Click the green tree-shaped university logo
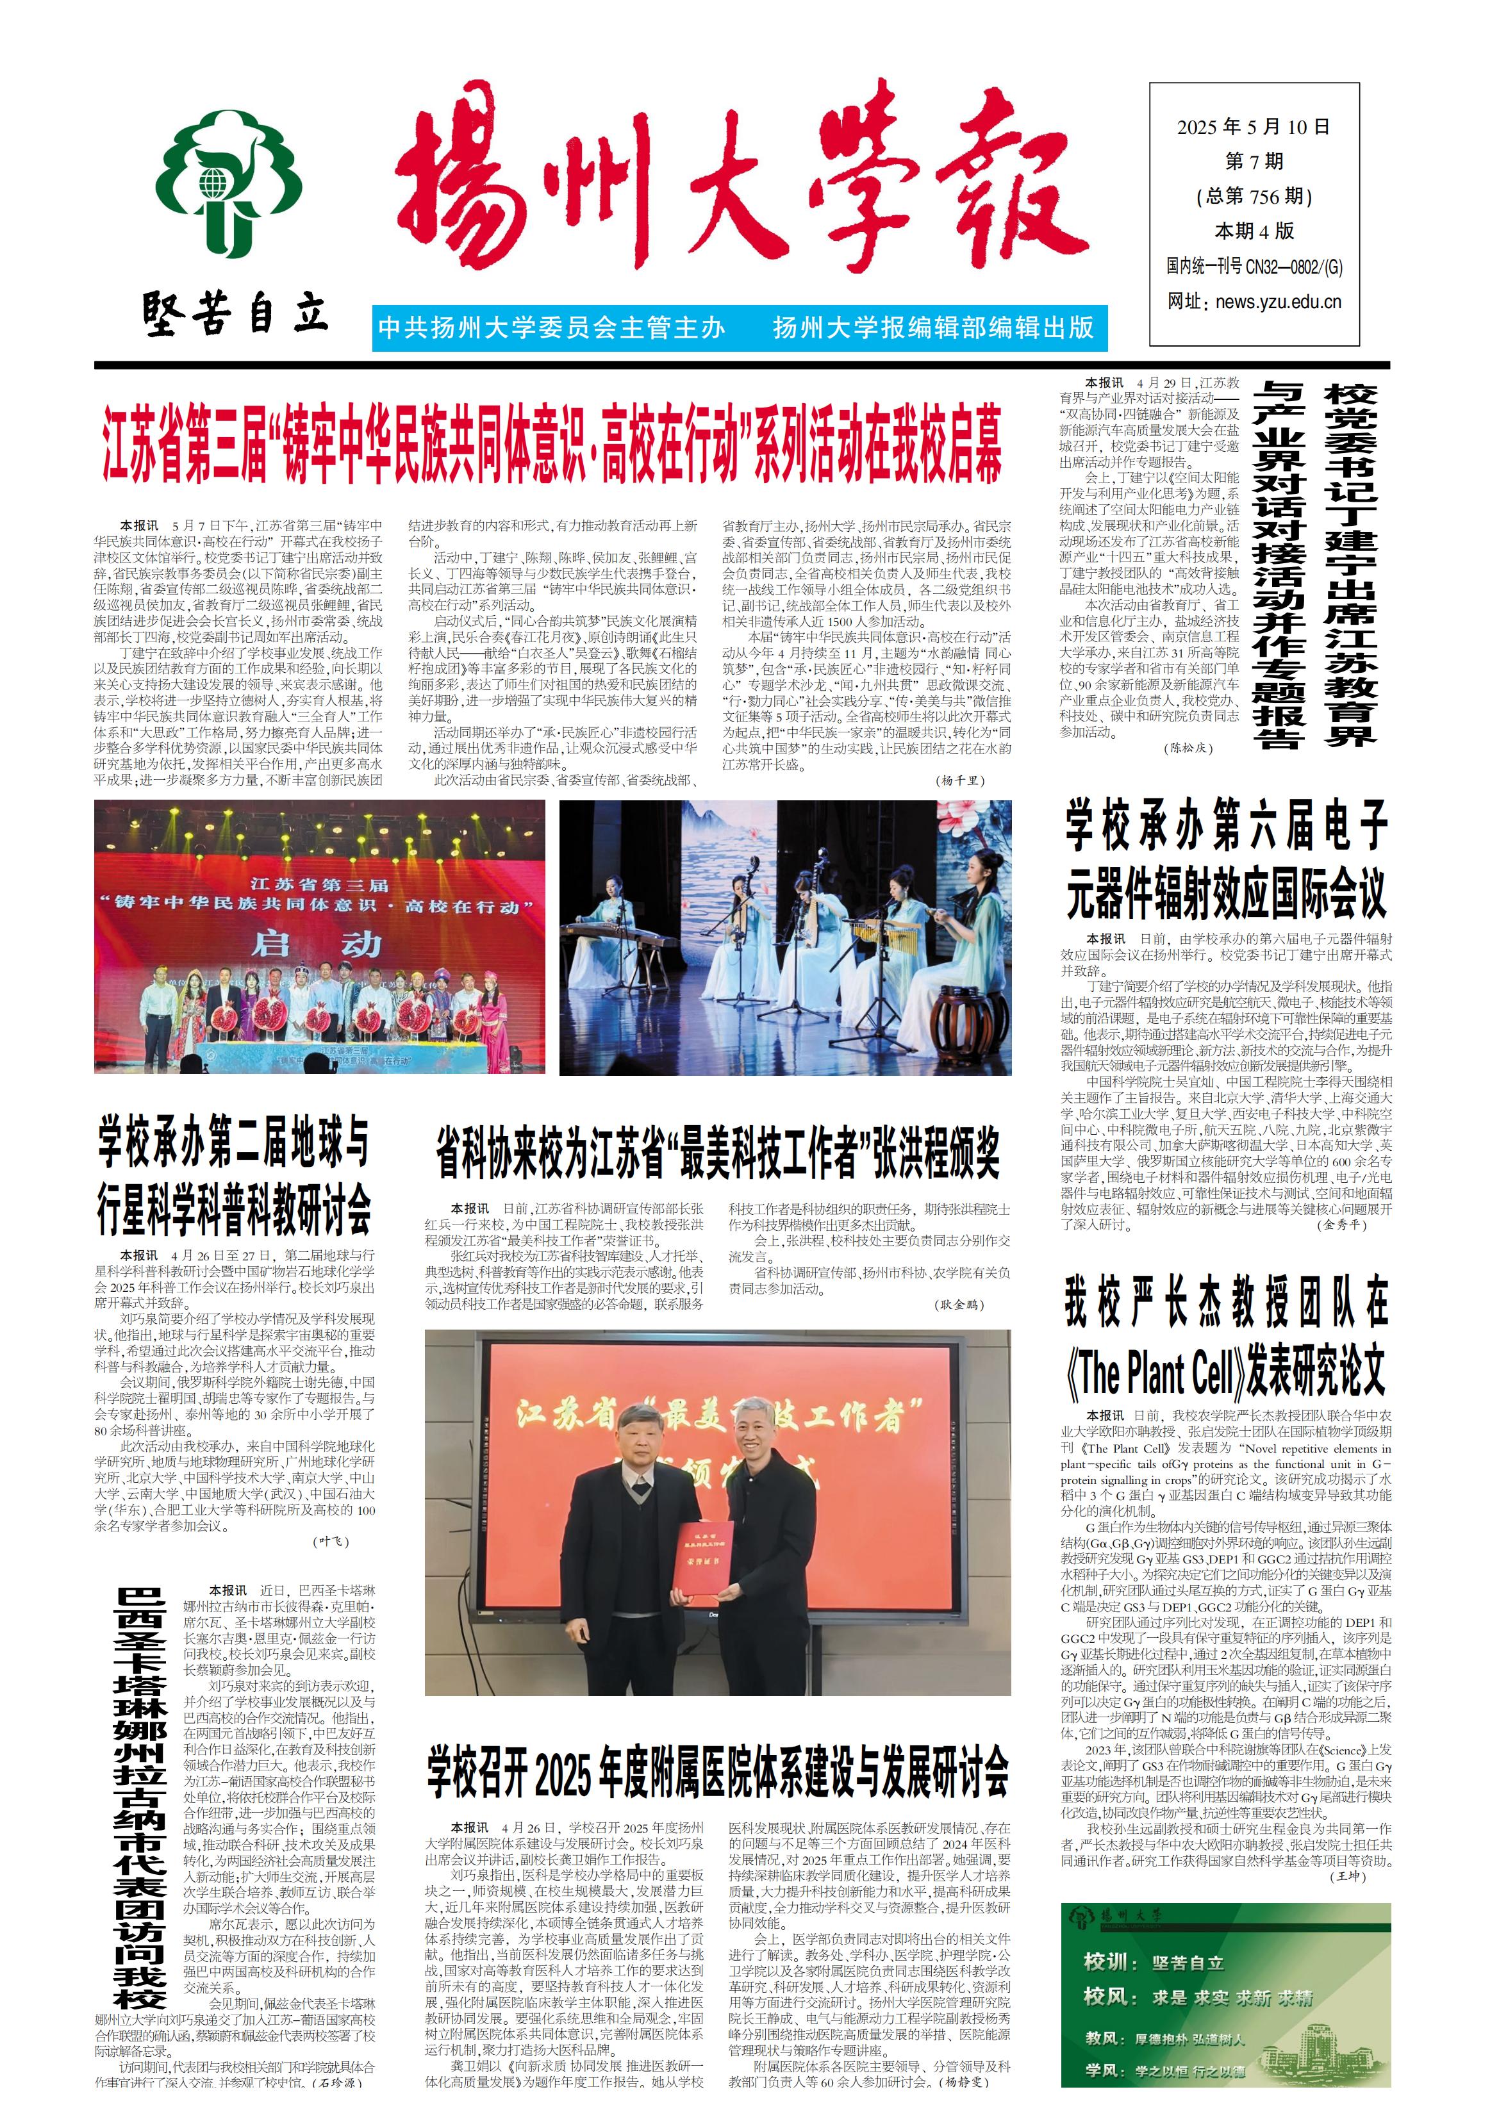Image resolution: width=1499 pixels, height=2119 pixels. pyautogui.click(x=228, y=185)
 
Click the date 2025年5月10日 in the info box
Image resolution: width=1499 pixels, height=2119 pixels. pyautogui.click(x=1252, y=128)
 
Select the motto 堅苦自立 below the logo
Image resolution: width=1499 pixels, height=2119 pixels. pyautogui.click(x=235, y=313)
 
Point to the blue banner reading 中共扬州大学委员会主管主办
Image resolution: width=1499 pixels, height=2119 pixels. pyautogui.click(x=552, y=327)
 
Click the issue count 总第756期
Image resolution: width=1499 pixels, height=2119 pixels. pyautogui.click(x=1252, y=195)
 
